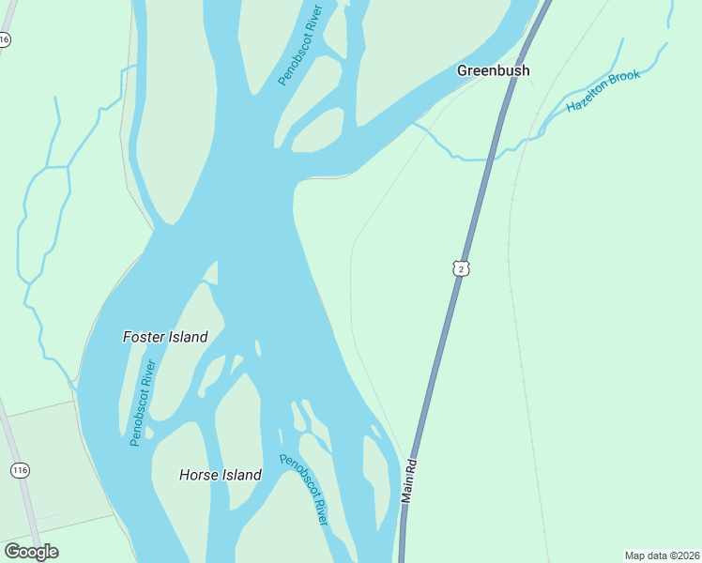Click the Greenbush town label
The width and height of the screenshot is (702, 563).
tap(493, 70)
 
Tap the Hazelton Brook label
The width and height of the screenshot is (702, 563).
tap(603, 91)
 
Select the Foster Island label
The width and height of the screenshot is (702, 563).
tap(165, 337)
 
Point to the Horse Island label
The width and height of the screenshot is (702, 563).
tap(220, 475)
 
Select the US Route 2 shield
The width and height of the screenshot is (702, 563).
tap(460, 268)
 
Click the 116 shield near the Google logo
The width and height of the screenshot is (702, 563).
tap(19, 469)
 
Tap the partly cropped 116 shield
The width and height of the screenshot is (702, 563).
tap(5, 39)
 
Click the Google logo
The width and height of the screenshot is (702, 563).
tap(31, 552)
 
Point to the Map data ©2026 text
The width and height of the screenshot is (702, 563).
tap(662, 555)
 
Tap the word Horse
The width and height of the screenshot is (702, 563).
tap(199, 475)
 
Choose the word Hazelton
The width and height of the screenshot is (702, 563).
tap(586, 99)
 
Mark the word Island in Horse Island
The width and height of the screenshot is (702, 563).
tap(242, 475)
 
